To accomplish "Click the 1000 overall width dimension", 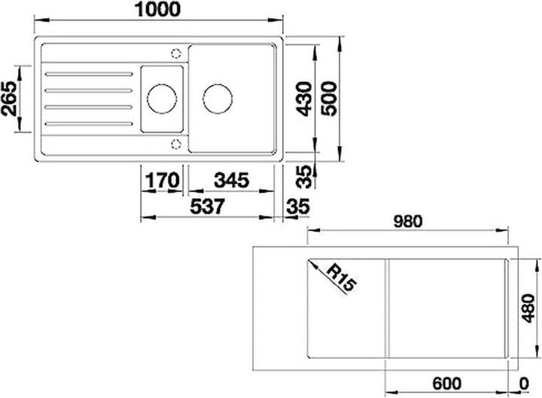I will [x=159, y=10].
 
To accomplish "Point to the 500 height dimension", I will [x=328, y=99].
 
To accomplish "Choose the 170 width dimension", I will [x=162, y=181].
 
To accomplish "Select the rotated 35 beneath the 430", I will [x=303, y=177].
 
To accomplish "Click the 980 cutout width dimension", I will [x=410, y=221].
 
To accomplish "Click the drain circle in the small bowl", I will [x=161, y=97].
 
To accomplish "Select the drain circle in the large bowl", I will [x=218, y=97].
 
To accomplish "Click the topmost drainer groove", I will [x=87, y=73].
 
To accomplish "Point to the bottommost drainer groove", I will [x=87, y=124].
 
